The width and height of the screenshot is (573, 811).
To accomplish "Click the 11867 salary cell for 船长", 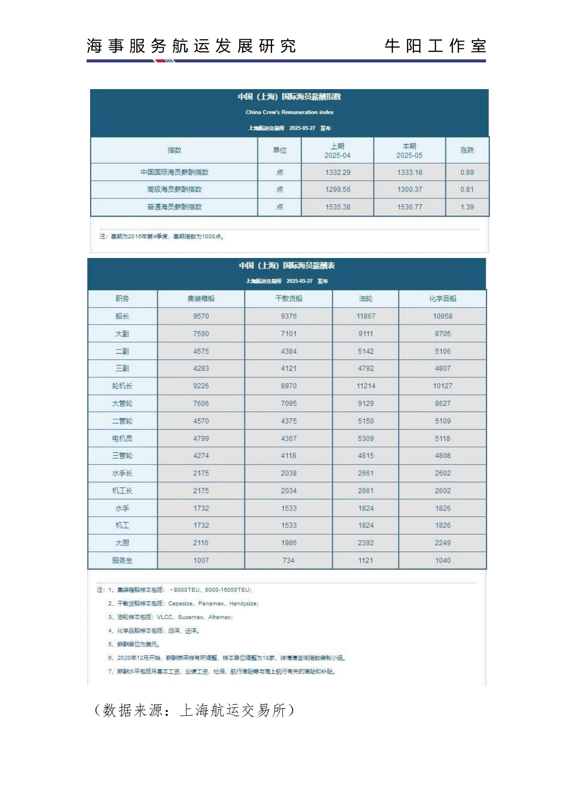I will [x=365, y=316].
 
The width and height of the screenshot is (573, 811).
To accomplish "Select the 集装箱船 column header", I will [x=201, y=299].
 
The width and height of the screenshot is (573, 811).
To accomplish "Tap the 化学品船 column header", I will [x=442, y=299].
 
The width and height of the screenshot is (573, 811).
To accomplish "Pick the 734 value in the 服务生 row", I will [x=288, y=561].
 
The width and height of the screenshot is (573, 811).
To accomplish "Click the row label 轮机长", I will [x=122, y=386].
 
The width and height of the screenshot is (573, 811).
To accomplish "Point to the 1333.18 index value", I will [x=409, y=172].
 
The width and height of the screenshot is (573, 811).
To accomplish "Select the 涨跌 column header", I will [x=467, y=150].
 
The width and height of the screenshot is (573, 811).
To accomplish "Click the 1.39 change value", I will [x=467, y=207].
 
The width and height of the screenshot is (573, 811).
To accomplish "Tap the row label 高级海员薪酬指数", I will [x=174, y=190].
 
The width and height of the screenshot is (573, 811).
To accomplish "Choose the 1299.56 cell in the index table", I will [x=338, y=190].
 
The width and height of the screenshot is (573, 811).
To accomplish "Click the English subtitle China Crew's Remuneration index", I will [x=289, y=112].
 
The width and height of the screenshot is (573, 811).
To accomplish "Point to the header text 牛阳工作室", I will [x=435, y=46].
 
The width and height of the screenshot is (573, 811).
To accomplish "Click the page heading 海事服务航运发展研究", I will [x=191, y=46].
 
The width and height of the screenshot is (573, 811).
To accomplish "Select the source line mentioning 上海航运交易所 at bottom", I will [x=194, y=710].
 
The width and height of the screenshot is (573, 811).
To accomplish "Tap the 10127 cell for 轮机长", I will [x=442, y=386].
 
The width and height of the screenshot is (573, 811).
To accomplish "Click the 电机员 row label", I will [x=122, y=439].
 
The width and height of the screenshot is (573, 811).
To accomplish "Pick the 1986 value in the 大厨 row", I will [x=288, y=543].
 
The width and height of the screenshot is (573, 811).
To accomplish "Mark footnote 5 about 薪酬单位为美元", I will [x=134, y=644].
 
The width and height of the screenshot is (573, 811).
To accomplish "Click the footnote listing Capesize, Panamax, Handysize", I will [x=184, y=604].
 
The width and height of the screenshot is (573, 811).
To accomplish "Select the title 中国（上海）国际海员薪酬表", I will [x=287, y=266].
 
